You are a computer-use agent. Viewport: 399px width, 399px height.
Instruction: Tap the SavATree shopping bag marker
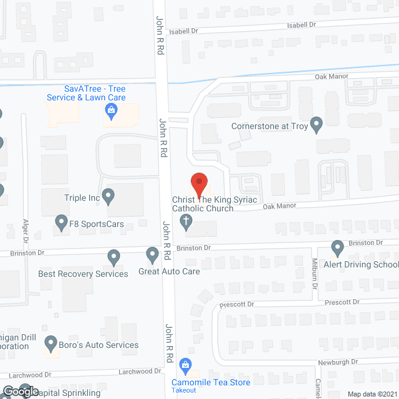[x=111, y=112]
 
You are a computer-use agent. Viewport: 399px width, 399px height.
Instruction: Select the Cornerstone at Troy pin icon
[x=317, y=125]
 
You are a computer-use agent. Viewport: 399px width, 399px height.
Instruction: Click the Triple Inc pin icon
[x=109, y=198]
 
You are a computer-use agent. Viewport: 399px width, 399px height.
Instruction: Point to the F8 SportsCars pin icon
[x=61, y=222]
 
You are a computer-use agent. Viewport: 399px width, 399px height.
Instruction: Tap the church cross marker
[x=186, y=221]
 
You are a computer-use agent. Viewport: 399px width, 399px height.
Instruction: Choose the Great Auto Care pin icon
[x=152, y=254]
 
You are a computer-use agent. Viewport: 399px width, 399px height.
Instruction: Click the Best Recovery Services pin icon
[x=113, y=256]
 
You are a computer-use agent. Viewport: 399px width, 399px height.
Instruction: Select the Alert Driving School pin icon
[x=338, y=248]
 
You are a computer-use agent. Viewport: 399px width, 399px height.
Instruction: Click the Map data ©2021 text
[x=372, y=393]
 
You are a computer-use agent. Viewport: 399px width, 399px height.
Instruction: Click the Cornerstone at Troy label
[x=269, y=125]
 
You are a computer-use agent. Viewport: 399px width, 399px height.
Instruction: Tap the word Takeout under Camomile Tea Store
[x=185, y=391]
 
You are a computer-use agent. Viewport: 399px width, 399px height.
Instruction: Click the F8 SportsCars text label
[x=98, y=224]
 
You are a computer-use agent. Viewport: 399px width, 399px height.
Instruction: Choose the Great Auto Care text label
[x=168, y=272]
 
